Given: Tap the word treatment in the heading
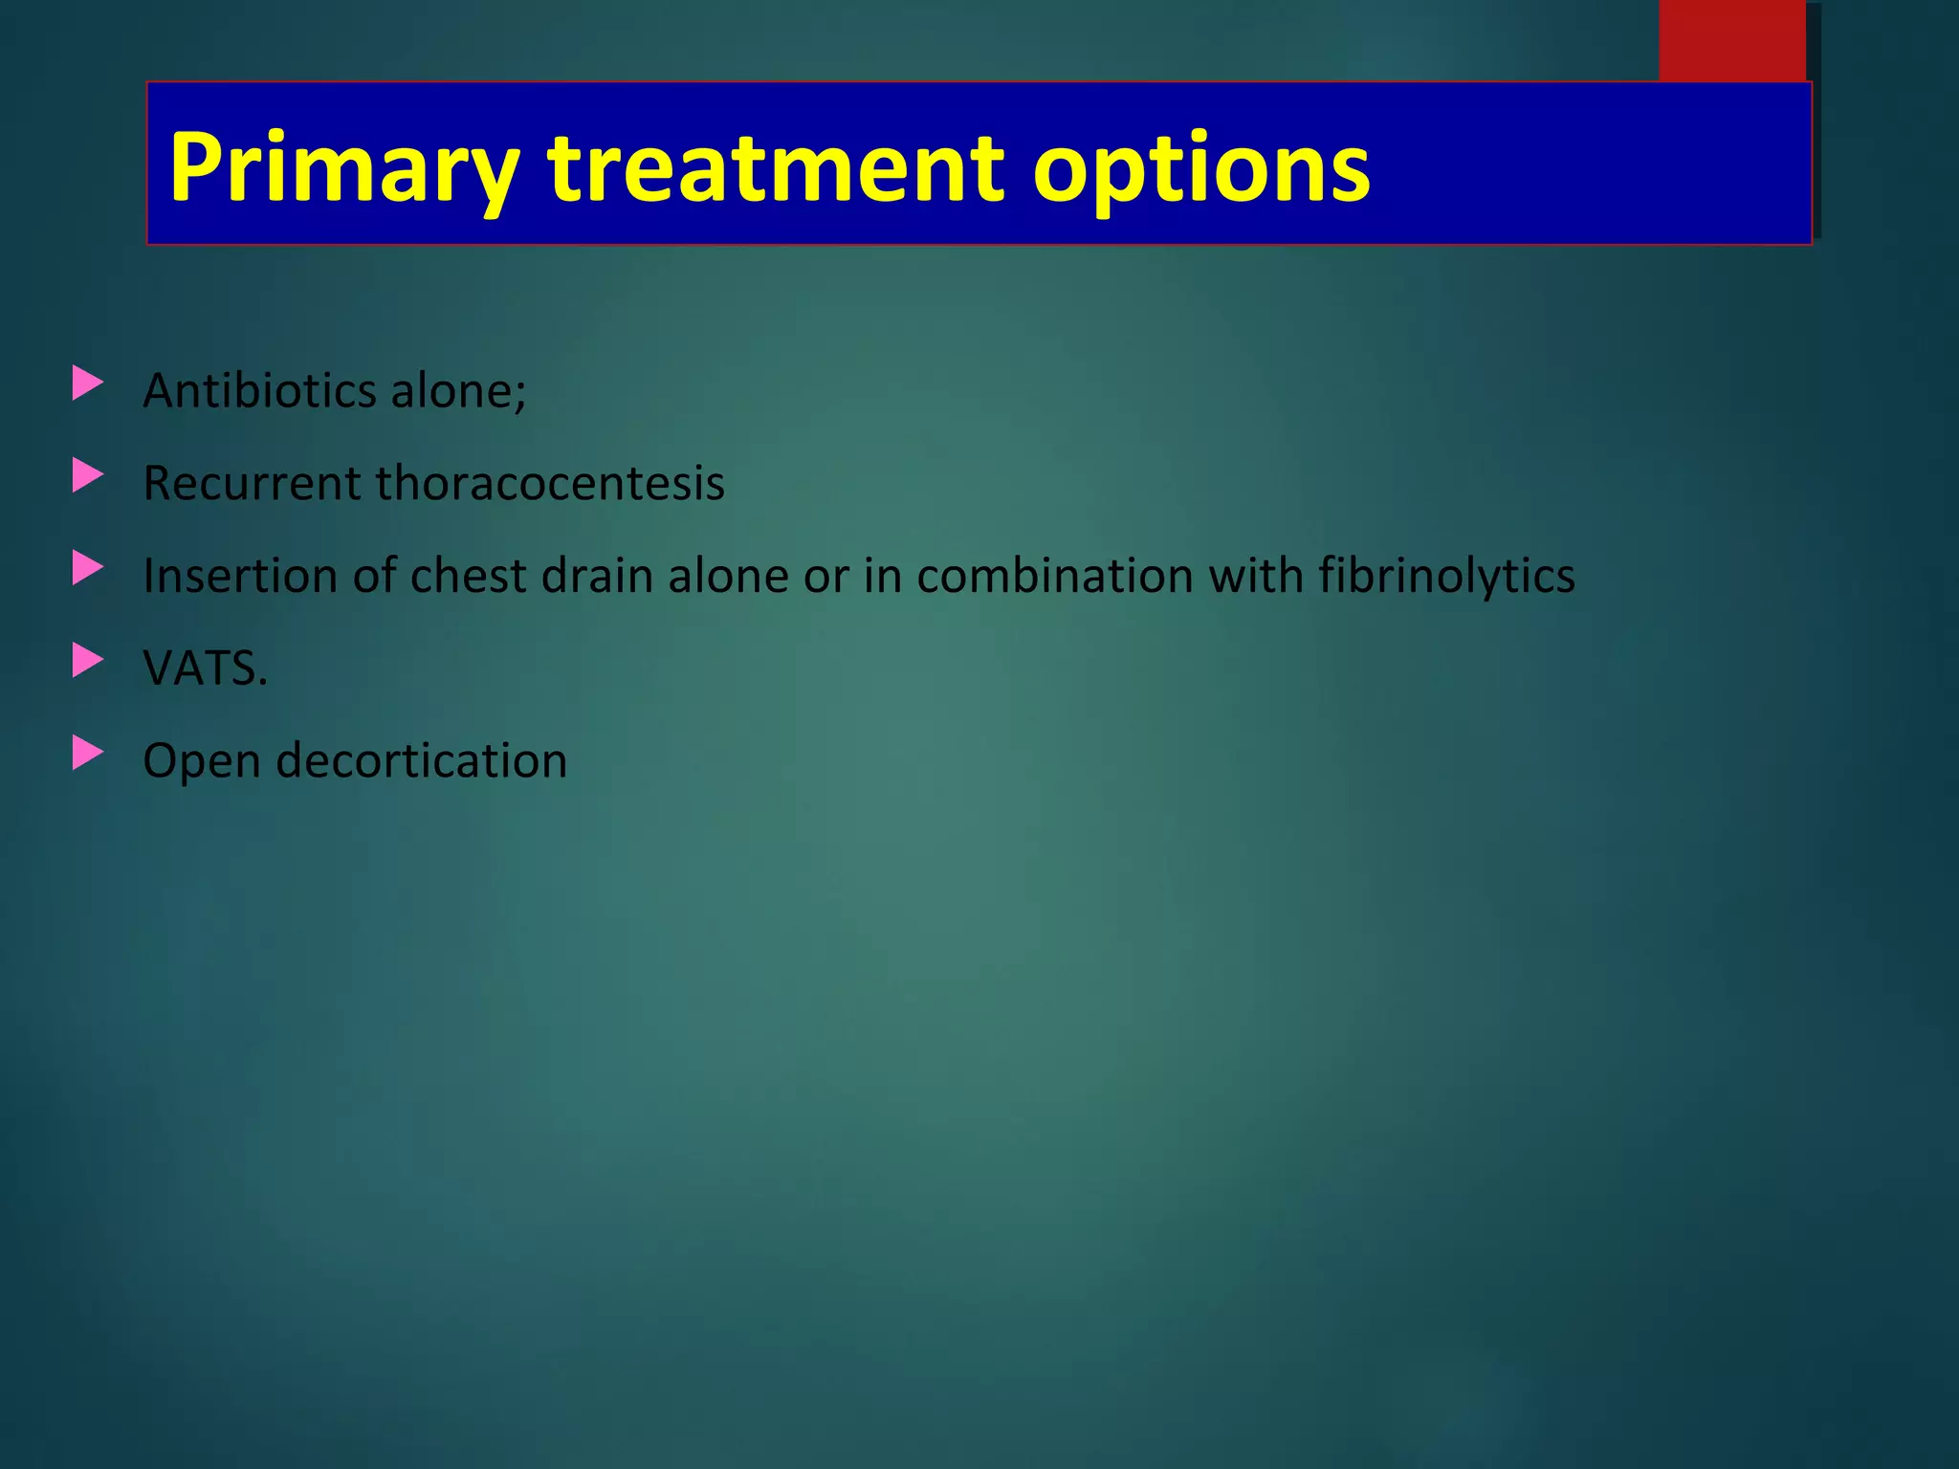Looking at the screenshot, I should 775,168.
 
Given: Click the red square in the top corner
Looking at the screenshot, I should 1731,40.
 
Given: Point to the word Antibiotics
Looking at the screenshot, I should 259,390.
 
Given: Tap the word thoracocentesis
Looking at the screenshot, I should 550,483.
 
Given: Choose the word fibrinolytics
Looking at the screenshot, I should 1446,576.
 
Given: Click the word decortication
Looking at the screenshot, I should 422,760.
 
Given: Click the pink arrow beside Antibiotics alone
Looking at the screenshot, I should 87,384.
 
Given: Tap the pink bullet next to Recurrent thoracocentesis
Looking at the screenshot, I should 87,476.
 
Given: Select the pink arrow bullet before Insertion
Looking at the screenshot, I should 87,569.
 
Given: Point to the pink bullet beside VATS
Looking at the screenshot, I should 87,661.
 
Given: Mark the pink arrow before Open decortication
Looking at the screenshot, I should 87,754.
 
